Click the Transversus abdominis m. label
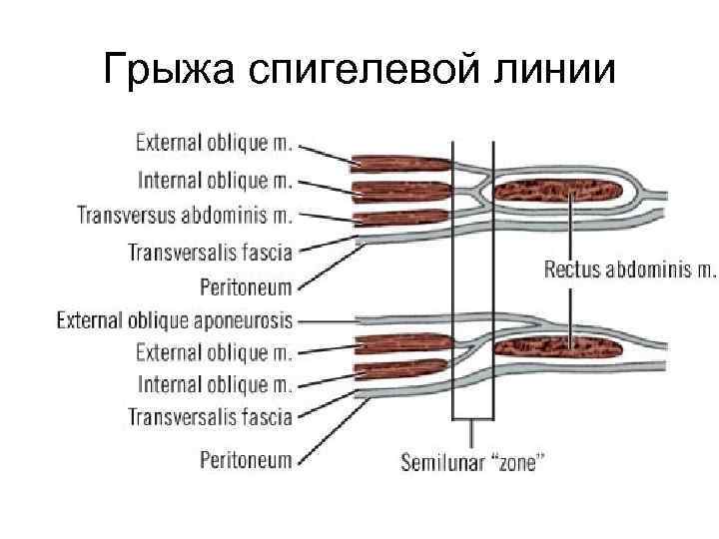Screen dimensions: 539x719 pyautogui.click(x=185, y=215)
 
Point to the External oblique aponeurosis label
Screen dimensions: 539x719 pyautogui.click(x=175, y=320)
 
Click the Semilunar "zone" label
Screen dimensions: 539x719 pyautogui.click(x=472, y=463)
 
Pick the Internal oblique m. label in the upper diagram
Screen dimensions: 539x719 pyautogui.click(x=214, y=180)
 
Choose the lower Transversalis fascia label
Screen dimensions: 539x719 pyautogui.click(x=210, y=415)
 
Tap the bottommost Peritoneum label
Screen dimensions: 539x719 pyautogui.click(x=246, y=460)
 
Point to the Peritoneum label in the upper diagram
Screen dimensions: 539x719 pyautogui.click(x=246, y=287)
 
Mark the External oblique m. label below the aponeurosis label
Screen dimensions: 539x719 pyautogui.click(x=214, y=351)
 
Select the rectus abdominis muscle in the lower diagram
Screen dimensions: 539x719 pyautogui.click(x=558, y=347)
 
